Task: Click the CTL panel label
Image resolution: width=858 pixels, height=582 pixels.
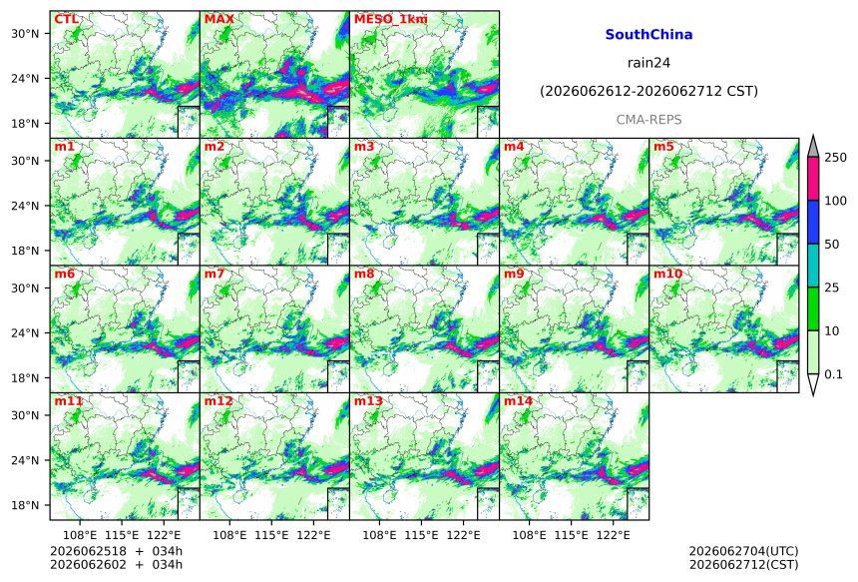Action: click(66, 19)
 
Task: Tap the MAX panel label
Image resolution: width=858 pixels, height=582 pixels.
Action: click(218, 19)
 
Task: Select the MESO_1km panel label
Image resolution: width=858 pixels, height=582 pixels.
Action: click(391, 19)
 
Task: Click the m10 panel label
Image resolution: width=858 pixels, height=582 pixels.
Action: click(667, 274)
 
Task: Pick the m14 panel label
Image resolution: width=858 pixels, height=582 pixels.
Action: click(518, 401)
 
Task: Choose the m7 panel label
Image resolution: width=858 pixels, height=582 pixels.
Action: click(214, 274)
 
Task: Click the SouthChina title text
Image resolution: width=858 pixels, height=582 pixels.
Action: click(648, 35)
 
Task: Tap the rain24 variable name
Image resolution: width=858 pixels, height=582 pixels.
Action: click(648, 63)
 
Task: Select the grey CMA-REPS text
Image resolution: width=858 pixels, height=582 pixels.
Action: click(648, 120)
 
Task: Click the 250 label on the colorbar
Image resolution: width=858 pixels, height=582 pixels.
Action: click(835, 157)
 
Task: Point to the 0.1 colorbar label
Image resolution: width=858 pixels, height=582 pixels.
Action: click(833, 374)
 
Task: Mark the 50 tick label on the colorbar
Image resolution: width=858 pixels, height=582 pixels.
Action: click(832, 245)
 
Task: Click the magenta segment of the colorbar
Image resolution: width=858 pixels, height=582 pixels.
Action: click(813, 179)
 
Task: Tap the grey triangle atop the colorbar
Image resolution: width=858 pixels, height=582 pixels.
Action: click(813, 148)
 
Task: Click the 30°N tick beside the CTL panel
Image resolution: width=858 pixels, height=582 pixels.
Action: click(25, 33)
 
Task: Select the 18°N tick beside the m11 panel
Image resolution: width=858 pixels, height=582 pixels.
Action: click(25, 505)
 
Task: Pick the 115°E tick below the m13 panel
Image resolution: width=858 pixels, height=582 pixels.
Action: click(422, 535)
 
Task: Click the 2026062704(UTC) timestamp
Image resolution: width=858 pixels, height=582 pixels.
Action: click(743, 551)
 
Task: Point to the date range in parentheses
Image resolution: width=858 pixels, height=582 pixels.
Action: click(648, 91)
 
